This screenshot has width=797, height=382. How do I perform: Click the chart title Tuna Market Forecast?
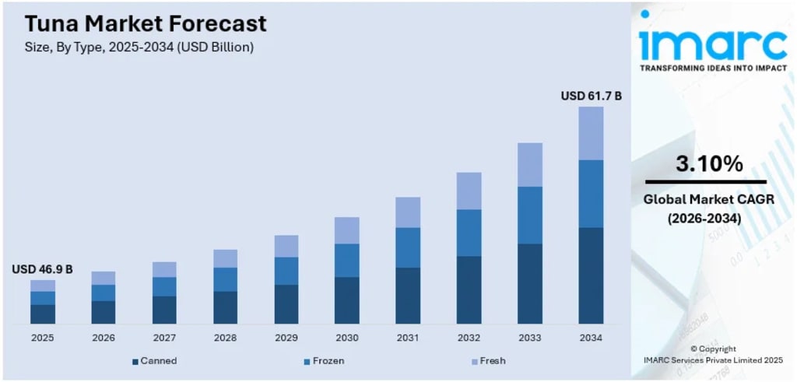[146, 24]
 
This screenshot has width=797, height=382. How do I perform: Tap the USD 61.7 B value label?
[592, 96]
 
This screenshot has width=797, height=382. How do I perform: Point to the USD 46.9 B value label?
[42, 269]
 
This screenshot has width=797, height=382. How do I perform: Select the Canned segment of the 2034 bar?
[592, 276]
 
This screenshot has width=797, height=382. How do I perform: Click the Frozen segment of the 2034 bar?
[592, 194]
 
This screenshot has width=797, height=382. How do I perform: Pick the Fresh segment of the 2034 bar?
[592, 133]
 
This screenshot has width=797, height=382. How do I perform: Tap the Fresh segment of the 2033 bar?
[530, 165]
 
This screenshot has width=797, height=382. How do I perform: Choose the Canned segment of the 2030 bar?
[347, 300]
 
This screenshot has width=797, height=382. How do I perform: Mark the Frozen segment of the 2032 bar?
[469, 233]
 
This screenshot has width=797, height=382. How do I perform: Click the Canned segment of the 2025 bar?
[43, 314]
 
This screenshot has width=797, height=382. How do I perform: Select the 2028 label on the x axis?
[225, 338]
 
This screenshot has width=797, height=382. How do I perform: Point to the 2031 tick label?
[408, 338]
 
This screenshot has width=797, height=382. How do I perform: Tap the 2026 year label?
[104, 338]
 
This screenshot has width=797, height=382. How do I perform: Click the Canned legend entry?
[155, 361]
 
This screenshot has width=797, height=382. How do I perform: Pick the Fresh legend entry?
[488, 361]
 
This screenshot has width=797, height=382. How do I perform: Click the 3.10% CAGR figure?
[709, 163]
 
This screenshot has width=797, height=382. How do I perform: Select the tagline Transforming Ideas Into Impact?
[713, 68]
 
